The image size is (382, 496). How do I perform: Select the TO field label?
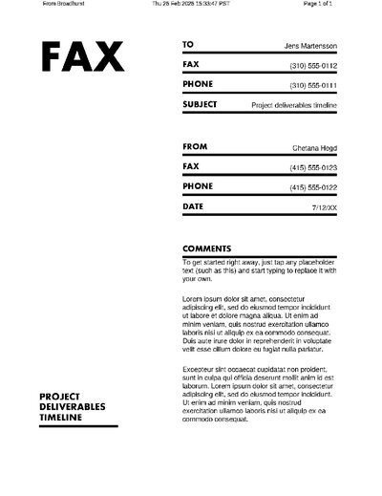pyautogui.click(x=188, y=45)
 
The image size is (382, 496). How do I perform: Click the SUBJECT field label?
pyautogui.click(x=200, y=104)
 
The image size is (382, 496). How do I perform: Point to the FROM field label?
pyautogui.click(x=194, y=147)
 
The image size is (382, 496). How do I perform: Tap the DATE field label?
pyautogui.click(x=193, y=205)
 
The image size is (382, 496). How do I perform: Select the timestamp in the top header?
pyautogui.click(x=191, y=4)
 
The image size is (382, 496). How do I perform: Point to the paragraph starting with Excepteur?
pyautogui.click(x=258, y=394)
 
